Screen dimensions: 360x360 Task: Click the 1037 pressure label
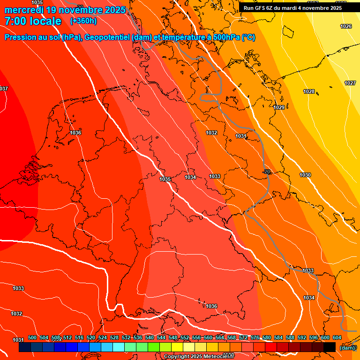pos(4,89)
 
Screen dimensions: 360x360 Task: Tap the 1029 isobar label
pos(279,107)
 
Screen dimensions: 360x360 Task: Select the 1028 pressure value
pos(308,91)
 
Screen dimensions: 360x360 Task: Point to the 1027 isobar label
pos(350,83)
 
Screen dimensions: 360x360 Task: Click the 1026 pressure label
pos(345,26)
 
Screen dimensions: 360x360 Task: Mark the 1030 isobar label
pos(305,175)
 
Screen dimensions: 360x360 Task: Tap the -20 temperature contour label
pos(267,172)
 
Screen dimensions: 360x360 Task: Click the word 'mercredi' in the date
pos(24,10)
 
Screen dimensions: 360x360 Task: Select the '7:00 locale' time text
pos(33,21)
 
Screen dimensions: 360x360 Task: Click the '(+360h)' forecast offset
pos(84,21)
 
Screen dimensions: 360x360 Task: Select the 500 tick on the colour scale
pos(32,337)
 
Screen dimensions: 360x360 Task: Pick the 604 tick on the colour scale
pos(337,337)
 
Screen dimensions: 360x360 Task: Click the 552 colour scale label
pos(185,337)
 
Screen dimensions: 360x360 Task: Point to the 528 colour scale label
pos(114,337)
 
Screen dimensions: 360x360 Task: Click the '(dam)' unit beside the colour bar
pos(347,347)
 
